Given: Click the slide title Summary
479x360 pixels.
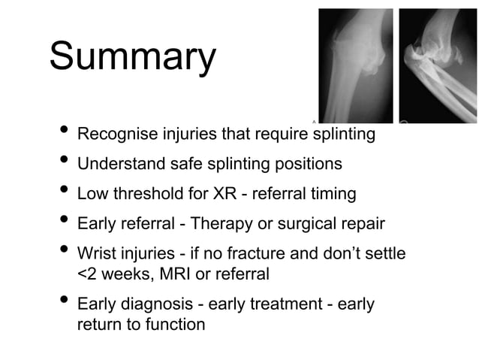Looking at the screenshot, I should coord(132,58).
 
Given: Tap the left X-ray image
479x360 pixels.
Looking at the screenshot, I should coord(355,65).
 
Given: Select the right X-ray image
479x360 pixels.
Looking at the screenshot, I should coord(438,65).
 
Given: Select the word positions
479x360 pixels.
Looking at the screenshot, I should coord(309,165).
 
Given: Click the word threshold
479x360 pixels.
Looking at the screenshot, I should coord(146,194).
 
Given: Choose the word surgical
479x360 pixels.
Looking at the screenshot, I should coord(309,224).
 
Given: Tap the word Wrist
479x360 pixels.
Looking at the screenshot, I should coord(98,253).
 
